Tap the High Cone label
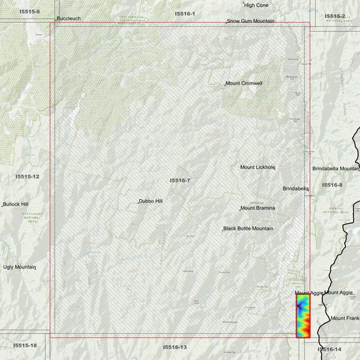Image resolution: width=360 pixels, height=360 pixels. (256, 5)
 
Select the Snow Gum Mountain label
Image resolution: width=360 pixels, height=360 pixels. (255, 22)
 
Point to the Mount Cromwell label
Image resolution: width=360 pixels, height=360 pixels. (244, 83)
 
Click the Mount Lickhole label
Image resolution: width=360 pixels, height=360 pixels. (258, 167)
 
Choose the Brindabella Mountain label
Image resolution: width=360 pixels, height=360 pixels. (336, 168)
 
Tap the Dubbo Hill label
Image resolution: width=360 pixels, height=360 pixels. (151, 201)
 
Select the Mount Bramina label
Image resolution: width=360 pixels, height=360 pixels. (259, 208)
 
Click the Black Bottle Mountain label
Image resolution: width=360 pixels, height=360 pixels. (248, 228)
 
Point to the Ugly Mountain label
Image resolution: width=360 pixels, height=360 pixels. (19, 267)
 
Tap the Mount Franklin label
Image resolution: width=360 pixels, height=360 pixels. (345, 317)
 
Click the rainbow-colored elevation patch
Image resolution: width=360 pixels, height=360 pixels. (304, 315)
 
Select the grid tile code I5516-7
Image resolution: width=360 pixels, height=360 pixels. (180, 180)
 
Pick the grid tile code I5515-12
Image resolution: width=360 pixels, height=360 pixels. (28, 176)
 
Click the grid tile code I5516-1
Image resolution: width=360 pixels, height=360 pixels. (184, 14)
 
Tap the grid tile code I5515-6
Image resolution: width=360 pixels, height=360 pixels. (30, 11)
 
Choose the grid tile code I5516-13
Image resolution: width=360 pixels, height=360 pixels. (174, 346)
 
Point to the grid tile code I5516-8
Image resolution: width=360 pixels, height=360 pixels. (332, 184)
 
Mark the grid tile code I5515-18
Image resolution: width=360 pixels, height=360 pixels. (24, 345)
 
